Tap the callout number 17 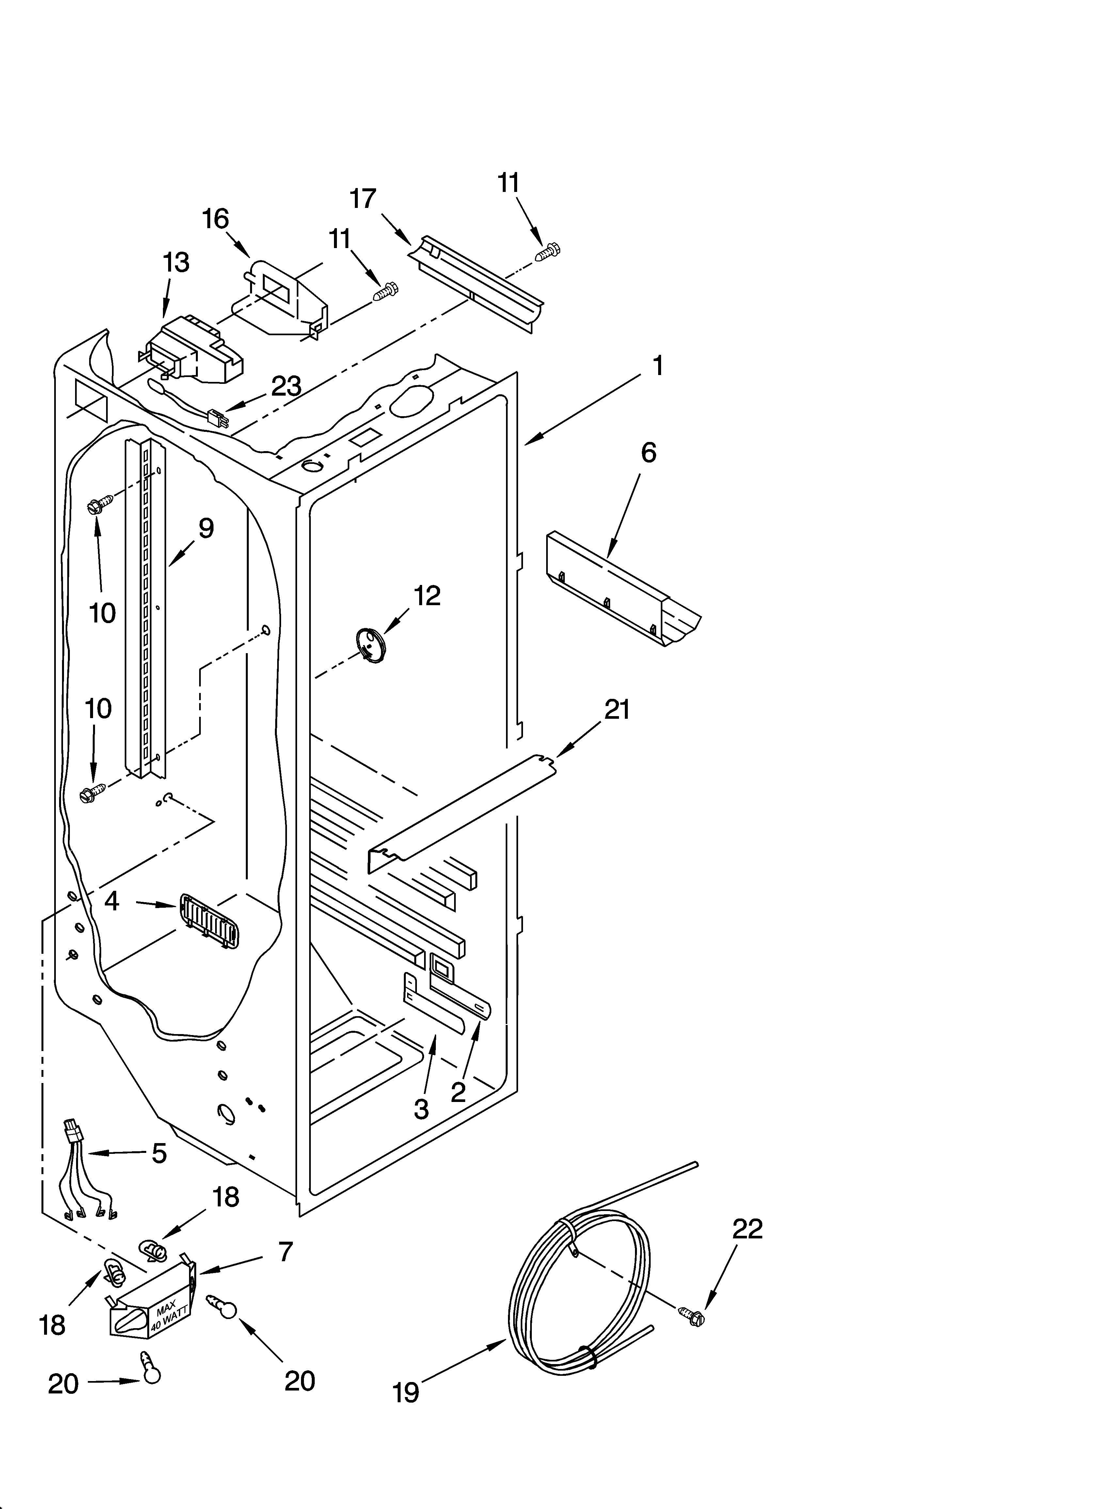click(363, 198)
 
